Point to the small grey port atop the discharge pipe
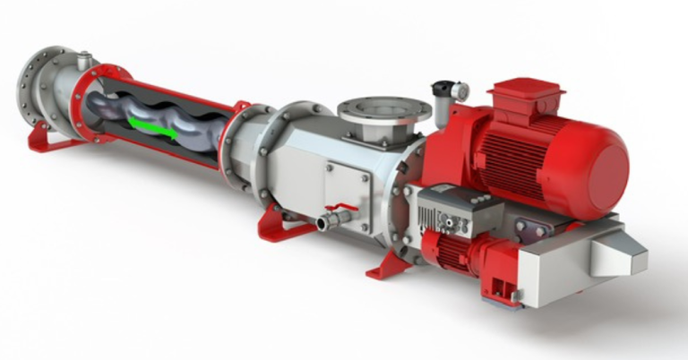85,61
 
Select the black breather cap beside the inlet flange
443,90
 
